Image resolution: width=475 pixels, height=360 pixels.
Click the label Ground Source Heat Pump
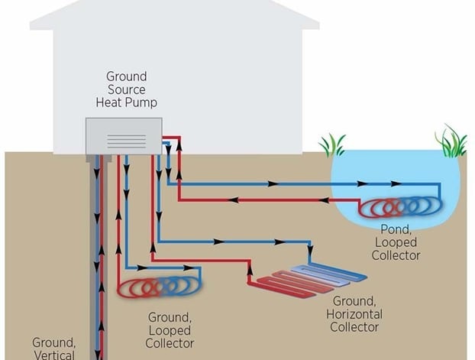[126, 89]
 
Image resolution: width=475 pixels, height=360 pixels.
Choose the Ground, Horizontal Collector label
[354, 314]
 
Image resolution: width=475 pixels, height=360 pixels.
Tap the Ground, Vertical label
[53, 349]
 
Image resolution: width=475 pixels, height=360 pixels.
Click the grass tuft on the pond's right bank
[451, 141]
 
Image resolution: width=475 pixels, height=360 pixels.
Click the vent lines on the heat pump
[126, 141]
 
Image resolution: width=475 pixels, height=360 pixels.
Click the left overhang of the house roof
[42, 23]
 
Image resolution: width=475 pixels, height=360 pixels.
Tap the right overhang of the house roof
[309, 23]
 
